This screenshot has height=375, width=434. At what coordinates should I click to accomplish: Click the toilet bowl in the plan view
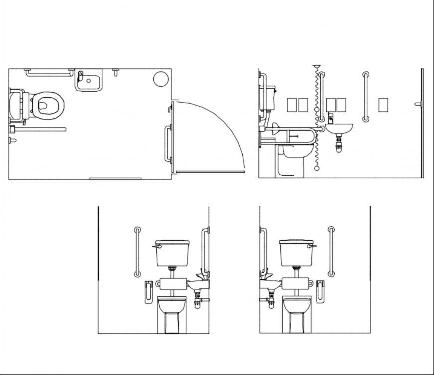pyautogui.click(x=48, y=105)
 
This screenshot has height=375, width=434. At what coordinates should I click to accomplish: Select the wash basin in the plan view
pyautogui.click(x=89, y=80)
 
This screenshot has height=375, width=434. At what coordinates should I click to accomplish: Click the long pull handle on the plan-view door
pyautogui.click(x=167, y=144)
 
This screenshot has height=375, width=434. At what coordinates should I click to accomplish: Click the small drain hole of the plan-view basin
pyautogui.click(x=89, y=81)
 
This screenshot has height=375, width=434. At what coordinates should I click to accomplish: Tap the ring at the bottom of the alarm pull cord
pyautogui.click(x=317, y=169)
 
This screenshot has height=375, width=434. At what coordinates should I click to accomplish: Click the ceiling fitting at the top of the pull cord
pyautogui.click(x=316, y=67)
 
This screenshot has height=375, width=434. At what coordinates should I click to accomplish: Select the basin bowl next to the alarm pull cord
pyautogui.click(x=339, y=129)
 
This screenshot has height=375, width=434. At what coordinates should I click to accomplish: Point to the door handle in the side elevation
pyautogui.click(x=418, y=104)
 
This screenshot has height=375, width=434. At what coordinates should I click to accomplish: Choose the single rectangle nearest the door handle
pyautogui.click(x=383, y=105)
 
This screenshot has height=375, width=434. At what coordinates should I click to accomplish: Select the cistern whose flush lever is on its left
pyautogui.click(x=172, y=253)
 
